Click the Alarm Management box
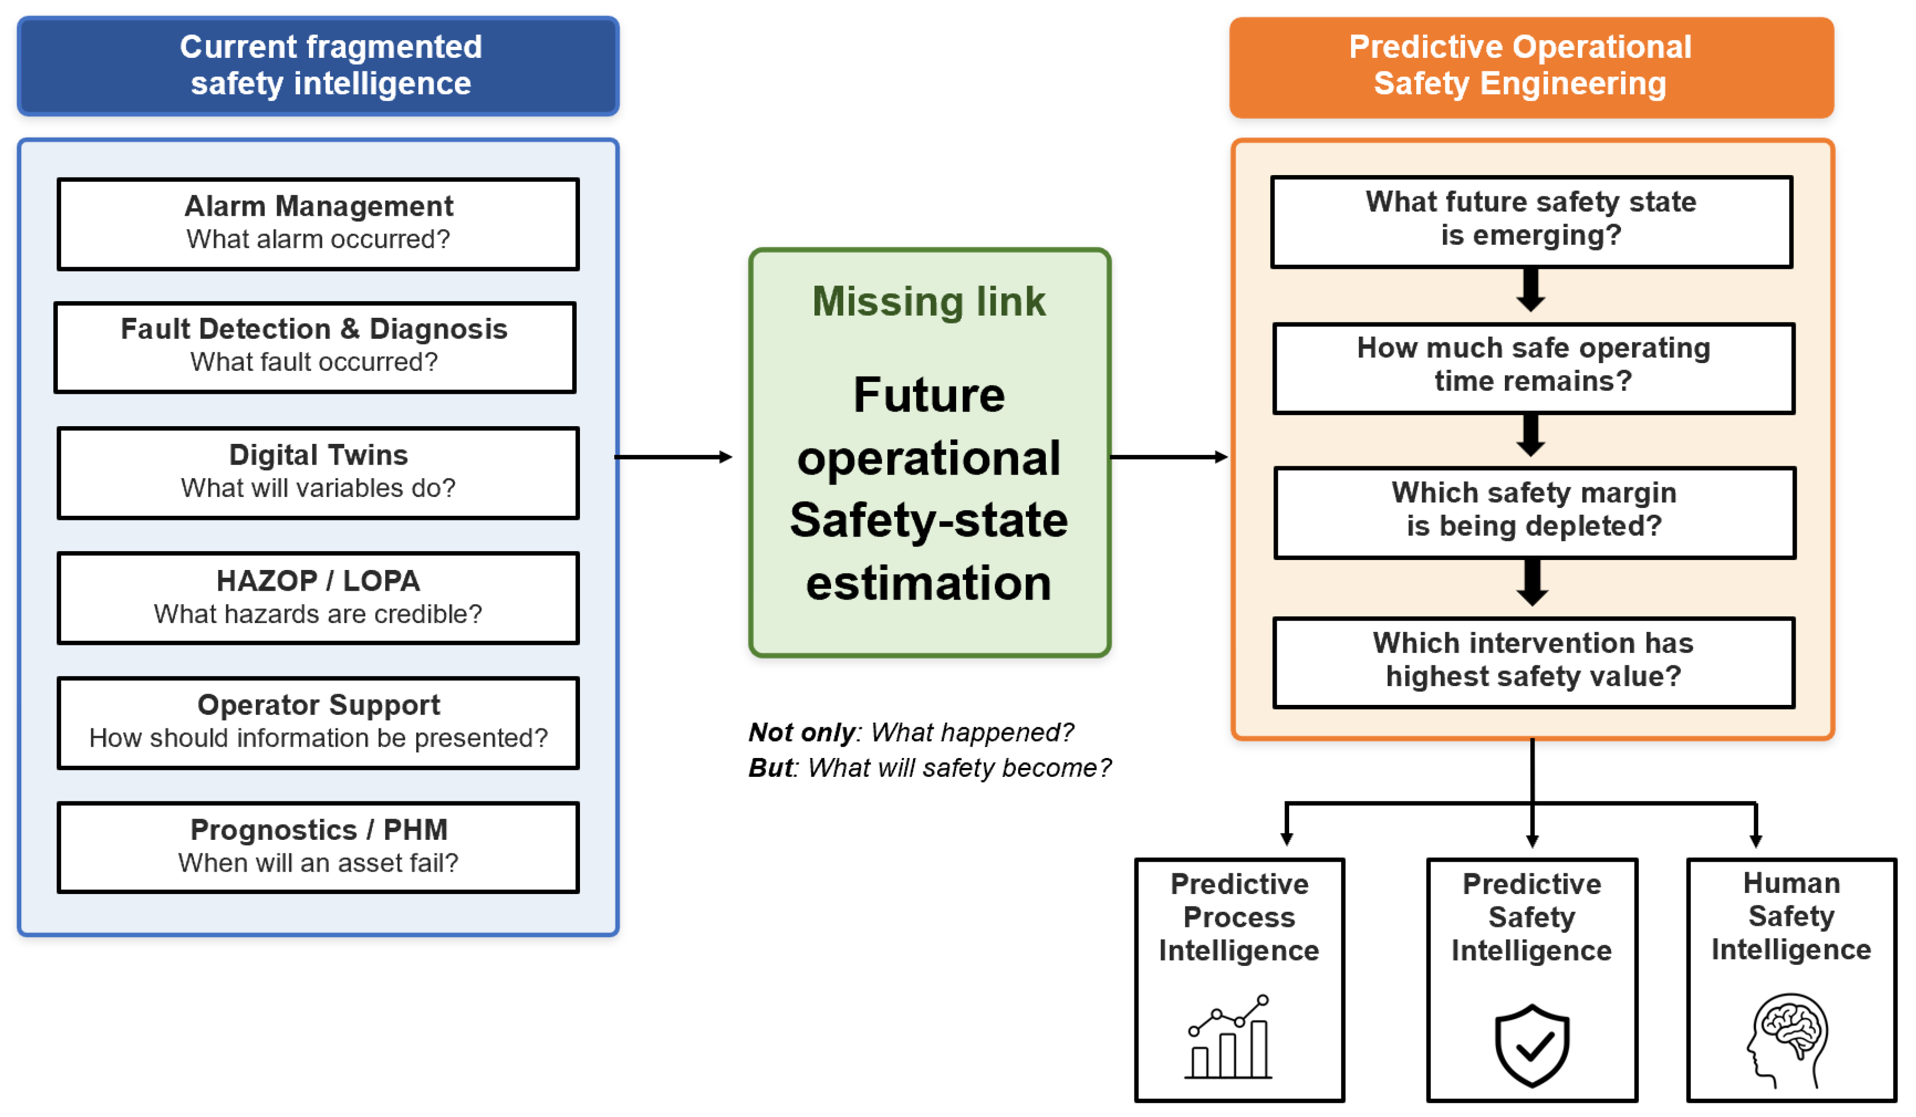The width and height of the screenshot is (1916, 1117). pyautogui.click(x=318, y=225)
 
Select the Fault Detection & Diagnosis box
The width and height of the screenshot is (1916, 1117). pyautogui.click(x=315, y=347)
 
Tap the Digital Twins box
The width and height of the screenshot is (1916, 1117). pyautogui.click(x=318, y=473)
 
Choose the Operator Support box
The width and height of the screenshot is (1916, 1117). pyautogui.click(x=318, y=723)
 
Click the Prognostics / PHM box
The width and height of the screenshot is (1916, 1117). pyautogui.click(x=318, y=848)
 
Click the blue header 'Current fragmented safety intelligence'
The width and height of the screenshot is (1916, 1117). pyautogui.click(x=318, y=66)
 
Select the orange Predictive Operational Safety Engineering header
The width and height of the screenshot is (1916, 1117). pyautogui.click(x=1531, y=67)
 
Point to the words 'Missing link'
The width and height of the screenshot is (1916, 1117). pyautogui.click(x=929, y=301)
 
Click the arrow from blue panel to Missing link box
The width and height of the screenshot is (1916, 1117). pyautogui.click(x=673, y=457)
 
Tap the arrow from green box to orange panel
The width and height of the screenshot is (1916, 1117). pyautogui.click(x=1169, y=457)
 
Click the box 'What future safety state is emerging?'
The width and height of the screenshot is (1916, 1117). pyautogui.click(x=1531, y=222)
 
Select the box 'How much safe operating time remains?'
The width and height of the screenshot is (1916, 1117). pyautogui.click(x=1534, y=369)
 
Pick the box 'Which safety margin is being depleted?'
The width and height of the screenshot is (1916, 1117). pyautogui.click(x=1535, y=513)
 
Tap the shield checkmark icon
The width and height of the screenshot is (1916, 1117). pyautogui.click(x=1532, y=1046)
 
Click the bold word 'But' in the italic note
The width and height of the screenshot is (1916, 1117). pyautogui.click(x=771, y=768)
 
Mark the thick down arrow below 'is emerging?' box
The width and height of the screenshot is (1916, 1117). pyautogui.click(x=1531, y=290)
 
